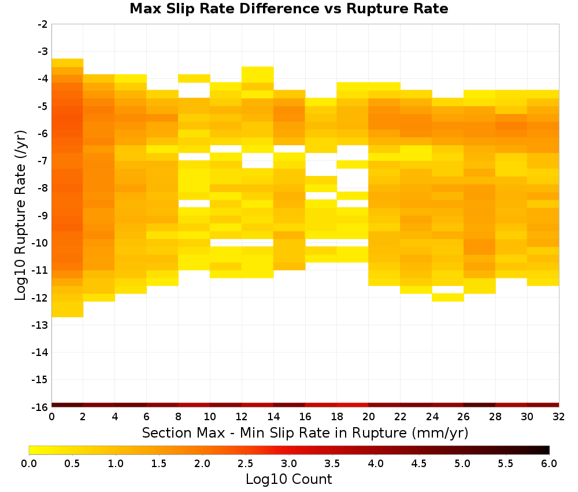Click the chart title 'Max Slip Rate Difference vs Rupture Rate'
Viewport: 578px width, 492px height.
coord(288,9)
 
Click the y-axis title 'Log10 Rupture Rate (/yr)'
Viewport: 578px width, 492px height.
coord(21,215)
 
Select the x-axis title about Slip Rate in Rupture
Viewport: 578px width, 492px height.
coord(305,432)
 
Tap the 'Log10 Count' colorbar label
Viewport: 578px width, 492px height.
coord(288,479)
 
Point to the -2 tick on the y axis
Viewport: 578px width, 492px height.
coord(43,24)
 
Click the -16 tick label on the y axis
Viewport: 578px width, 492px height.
coord(40,407)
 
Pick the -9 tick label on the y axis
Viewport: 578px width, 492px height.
coord(43,215)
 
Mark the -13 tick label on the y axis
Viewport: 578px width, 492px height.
coord(40,325)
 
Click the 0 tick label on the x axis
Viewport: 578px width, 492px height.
coord(51,417)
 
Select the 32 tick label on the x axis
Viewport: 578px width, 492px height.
coord(559,417)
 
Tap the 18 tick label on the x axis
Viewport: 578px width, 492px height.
coord(337,417)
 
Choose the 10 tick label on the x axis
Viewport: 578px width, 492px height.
coord(210,417)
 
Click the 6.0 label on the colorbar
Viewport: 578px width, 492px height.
coord(549,463)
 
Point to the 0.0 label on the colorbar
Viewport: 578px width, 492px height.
coord(29,463)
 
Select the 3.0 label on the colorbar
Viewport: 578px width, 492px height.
coord(289,463)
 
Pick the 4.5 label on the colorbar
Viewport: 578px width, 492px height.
coord(419,463)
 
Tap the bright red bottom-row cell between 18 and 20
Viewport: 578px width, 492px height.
coord(353,405)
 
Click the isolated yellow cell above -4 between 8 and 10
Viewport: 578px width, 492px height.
coord(194,78)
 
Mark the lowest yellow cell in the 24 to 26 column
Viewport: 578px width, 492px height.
coord(448,298)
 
